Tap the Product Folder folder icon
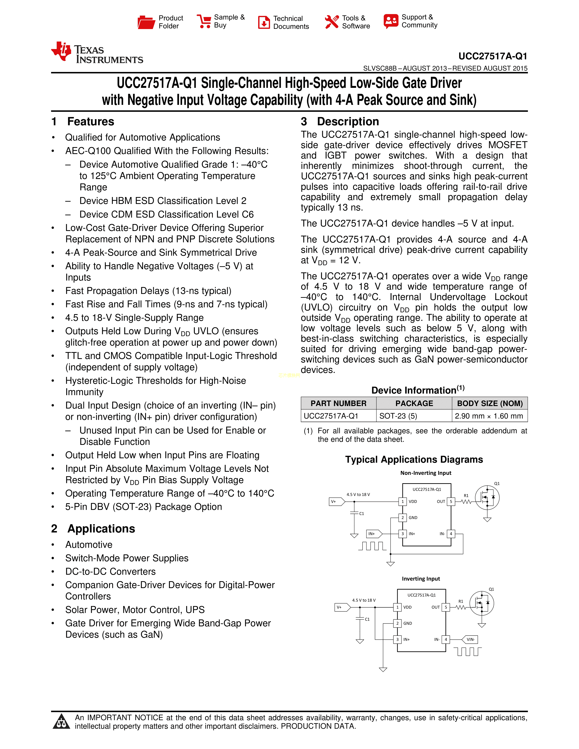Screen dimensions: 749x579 pos(146,22)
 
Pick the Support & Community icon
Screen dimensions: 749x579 pos(391,21)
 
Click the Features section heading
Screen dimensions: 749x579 pos(91,122)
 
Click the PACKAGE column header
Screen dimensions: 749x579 pos(414,403)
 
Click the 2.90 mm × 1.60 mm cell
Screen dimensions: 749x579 pos(489,416)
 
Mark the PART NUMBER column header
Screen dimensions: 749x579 pos(339,403)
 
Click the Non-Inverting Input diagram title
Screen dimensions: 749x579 pos(426,473)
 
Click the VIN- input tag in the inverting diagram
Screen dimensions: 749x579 pos(470,639)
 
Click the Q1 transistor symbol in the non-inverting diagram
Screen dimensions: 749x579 pos(487,497)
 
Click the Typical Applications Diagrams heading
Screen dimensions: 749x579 pos(414,460)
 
